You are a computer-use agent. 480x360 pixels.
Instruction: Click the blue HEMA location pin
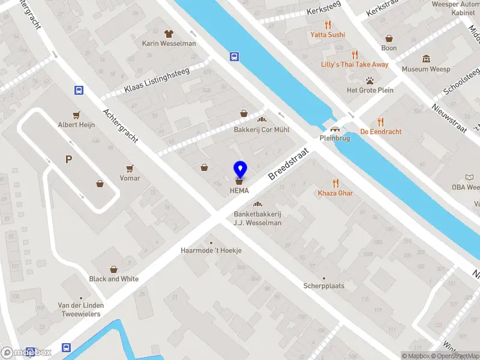[x=240, y=170]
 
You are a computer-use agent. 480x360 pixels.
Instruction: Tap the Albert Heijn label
[x=76, y=125]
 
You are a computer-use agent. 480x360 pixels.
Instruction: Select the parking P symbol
[x=69, y=159]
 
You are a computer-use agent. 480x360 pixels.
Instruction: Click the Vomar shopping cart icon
[x=130, y=169]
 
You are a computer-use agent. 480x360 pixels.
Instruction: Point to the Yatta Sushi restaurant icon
[x=328, y=25]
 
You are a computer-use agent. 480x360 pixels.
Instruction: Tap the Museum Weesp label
[x=426, y=69]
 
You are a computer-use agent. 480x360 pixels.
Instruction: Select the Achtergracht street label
[x=120, y=125]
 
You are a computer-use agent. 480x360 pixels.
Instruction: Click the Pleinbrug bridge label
[x=335, y=137]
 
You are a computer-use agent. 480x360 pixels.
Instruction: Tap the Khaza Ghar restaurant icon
[x=335, y=183]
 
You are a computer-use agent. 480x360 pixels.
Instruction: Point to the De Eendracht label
[x=380, y=131]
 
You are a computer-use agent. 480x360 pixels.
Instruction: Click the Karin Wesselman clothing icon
[x=169, y=34]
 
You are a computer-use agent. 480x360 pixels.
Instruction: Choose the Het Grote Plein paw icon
[x=370, y=80]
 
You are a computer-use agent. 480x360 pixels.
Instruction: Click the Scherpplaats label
[x=324, y=286]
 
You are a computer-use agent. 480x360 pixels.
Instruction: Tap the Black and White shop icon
[x=113, y=269]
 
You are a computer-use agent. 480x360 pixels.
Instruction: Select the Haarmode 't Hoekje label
[x=211, y=250]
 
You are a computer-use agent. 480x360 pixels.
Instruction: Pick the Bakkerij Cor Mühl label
[x=262, y=130]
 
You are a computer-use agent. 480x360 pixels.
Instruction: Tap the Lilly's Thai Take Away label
[x=355, y=64]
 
